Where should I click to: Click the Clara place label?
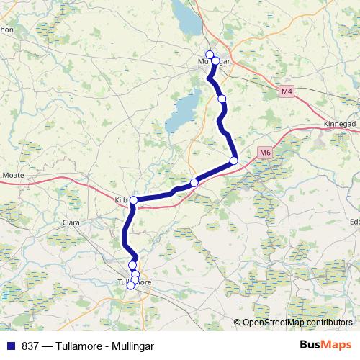pyautogui.click(x=72, y=222)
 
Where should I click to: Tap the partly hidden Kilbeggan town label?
pyautogui.click(x=121, y=196)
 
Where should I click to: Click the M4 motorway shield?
pyautogui.click(x=287, y=91)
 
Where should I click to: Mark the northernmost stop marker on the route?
pyautogui.click(x=210, y=55)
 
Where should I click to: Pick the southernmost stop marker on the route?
pyautogui.click(x=130, y=285)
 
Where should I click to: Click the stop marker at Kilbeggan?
pyautogui.click(x=133, y=200)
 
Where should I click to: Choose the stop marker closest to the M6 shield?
pyautogui.click(x=234, y=161)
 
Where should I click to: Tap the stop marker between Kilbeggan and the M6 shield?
pyautogui.click(x=194, y=183)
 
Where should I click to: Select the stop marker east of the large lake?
pyautogui.click(x=222, y=99)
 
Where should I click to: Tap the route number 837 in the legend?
pyautogui.click(x=30, y=346)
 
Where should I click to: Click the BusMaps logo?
pyautogui.click(x=325, y=345)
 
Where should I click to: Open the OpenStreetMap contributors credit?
pyautogui.click(x=297, y=323)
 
